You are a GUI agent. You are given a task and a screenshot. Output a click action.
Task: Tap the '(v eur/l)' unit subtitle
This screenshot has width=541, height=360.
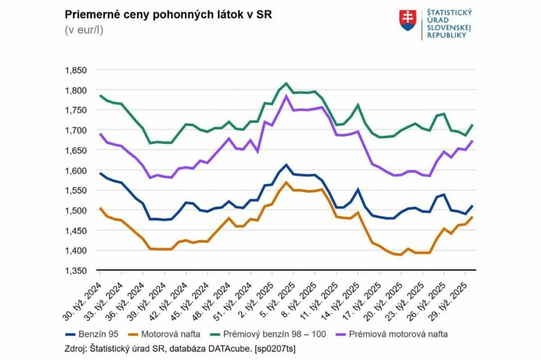[x=84, y=30]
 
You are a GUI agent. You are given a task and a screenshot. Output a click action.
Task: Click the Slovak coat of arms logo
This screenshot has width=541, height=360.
[x=407, y=21]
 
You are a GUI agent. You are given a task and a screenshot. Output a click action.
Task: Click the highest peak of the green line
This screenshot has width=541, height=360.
[x=286, y=83]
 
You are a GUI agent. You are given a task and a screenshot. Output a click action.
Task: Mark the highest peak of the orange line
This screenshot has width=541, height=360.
[x=286, y=182]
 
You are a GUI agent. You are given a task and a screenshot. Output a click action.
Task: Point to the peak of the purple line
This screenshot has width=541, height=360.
[x=286, y=96]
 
